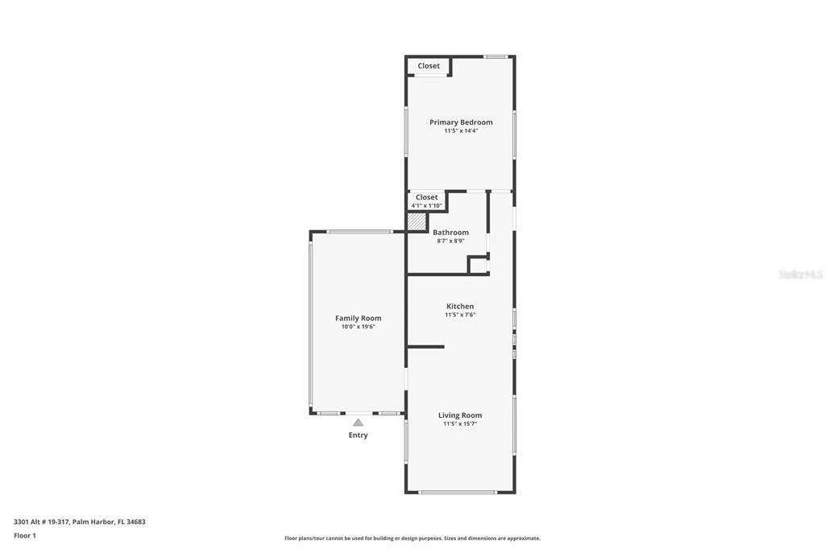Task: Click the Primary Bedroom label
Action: click(x=460, y=122)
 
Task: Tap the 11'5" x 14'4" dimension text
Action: click(x=460, y=130)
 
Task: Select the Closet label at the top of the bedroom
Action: click(x=429, y=66)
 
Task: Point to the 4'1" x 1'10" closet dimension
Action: click(x=427, y=206)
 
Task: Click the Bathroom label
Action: click(x=450, y=233)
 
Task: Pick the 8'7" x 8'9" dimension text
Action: click(x=450, y=241)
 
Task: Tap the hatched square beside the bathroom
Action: click(x=416, y=221)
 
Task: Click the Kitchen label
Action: click(x=460, y=307)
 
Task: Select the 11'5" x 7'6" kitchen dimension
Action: click(x=460, y=315)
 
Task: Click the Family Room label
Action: click(x=358, y=319)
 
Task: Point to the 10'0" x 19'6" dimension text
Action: click(x=358, y=327)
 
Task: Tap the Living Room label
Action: click(x=460, y=415)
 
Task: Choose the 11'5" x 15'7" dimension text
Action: click(x=460, y=423)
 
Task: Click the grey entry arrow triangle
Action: click(x=358, y=422)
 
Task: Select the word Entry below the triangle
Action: click(x=358, y=435)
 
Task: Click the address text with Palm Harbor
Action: click(x=80, y=522)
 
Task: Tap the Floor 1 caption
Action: click(x=25, y=535)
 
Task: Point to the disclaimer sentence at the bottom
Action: click(x=412, y=539)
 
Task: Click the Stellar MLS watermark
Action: click(x=800, y=274)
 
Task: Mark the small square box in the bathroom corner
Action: click(x=478, y=266)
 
